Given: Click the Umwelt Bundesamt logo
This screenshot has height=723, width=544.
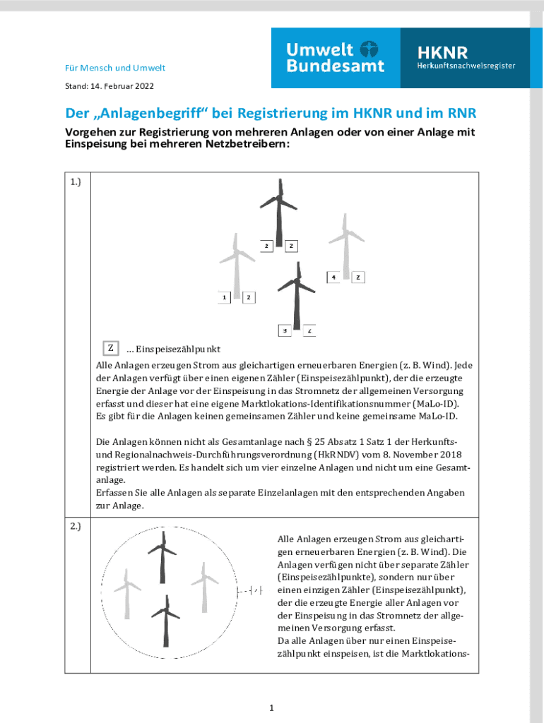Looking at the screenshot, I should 336,58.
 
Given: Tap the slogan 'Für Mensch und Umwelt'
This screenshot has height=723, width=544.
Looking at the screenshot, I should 115,68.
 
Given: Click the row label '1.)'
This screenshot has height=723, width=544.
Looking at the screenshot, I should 76,182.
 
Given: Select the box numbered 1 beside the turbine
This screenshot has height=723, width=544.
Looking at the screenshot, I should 224,297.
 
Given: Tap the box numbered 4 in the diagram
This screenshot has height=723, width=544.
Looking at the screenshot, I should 333,277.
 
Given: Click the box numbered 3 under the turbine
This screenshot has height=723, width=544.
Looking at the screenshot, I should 284,330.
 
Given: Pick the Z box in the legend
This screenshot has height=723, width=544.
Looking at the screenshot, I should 110,348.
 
